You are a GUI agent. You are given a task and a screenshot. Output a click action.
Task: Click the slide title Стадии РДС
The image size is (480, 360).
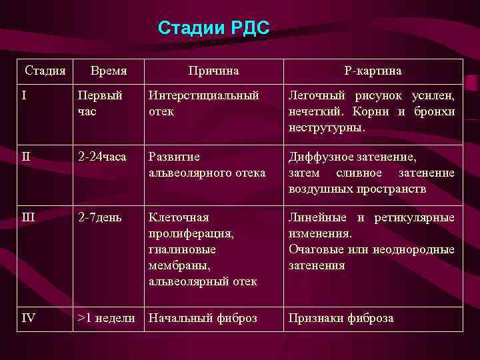(213, 28)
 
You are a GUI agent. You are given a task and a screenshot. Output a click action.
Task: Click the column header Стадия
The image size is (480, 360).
(45, 70)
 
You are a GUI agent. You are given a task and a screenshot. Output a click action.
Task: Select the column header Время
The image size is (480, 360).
(109, 70)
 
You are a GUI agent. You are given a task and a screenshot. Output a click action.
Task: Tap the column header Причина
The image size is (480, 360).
(213, 70)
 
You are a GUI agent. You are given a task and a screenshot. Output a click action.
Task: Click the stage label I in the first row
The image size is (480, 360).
(24, 95)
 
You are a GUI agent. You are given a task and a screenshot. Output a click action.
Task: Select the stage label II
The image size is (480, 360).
(26, 157)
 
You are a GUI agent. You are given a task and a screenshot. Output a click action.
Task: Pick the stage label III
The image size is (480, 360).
(27, 217)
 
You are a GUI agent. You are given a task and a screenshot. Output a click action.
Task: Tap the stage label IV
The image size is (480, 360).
(28, 318)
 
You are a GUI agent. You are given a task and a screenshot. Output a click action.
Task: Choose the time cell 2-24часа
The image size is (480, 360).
(102, 157)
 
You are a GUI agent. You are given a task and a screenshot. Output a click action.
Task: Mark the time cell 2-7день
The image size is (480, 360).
(99, 217)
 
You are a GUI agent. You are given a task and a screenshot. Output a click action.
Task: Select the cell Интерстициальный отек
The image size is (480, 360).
(203, 103)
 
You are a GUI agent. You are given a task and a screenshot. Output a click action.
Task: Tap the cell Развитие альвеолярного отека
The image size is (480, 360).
(207, 165)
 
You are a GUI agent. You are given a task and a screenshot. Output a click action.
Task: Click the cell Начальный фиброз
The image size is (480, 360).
(203, 318)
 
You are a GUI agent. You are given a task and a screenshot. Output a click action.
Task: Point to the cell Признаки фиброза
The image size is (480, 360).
(341, 318)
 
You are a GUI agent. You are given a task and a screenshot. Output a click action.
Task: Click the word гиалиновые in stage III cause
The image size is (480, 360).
(177, 249)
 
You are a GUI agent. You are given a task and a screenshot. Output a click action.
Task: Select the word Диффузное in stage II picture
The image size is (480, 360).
(315, 157)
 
